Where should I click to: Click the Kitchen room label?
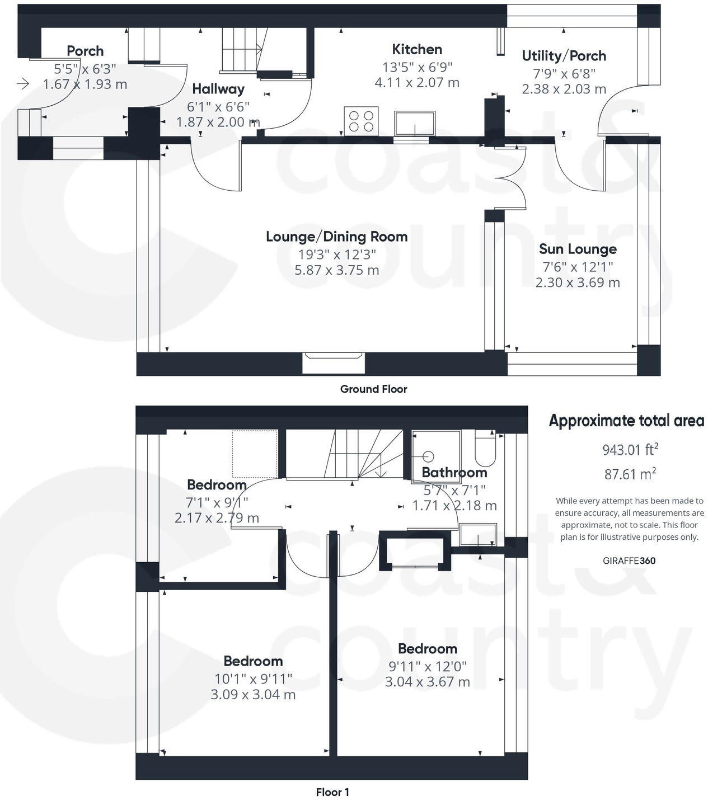[x=417, y=49]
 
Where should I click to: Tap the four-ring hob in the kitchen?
[x=361, y=121]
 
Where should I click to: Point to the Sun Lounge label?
[x=578, y=249]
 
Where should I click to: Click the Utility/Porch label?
[x=564, y=56]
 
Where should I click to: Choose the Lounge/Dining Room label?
[x=336, y=237]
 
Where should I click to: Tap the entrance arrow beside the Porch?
[x=23, y=84]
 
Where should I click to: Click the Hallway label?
[x=218, y=89]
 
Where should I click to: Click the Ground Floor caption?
[x=373, y=389]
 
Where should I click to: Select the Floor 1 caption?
[x=332, y=792]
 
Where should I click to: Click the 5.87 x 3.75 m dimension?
[x=336, y=270]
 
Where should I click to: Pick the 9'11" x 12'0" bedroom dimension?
[x=428, y=666]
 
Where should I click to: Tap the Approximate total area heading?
[x=626, y=421]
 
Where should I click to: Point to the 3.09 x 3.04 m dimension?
[x=253, y=695]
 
